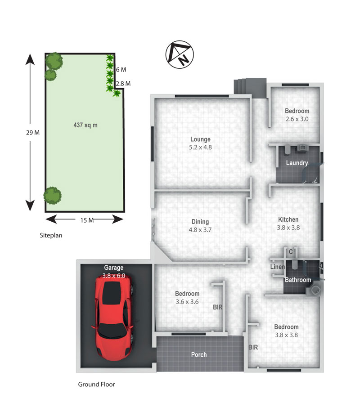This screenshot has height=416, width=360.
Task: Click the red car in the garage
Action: (114, 318)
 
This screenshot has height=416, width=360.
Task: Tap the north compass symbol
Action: (180, 54)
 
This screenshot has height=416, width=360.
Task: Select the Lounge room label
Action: (200, 139)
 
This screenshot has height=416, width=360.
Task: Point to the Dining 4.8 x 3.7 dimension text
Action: (200, 230)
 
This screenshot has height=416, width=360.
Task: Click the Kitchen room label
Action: (288, 219)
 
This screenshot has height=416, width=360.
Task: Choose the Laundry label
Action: (297, 163)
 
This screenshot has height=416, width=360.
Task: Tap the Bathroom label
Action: (298, 280)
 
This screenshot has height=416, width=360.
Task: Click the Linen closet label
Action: (278, 267)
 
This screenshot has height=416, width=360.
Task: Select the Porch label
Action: (199, 355)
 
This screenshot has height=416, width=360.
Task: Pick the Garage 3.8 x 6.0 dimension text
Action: (114, 276)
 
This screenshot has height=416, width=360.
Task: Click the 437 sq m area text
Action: (85, 125)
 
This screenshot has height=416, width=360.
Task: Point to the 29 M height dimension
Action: (33, 132)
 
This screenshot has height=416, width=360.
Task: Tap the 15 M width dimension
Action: (87, 220)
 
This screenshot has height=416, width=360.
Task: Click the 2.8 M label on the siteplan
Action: (123, 84)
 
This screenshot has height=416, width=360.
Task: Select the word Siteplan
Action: (51, 235)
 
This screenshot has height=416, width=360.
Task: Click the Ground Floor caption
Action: (96, 384)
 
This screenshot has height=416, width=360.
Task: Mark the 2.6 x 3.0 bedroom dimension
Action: (297, 119)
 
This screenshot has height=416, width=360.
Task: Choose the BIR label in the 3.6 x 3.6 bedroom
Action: (218, 307)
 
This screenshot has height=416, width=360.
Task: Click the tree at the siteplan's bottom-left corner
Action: (52, 196)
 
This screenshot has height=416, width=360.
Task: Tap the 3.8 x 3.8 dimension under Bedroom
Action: (286, 335)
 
